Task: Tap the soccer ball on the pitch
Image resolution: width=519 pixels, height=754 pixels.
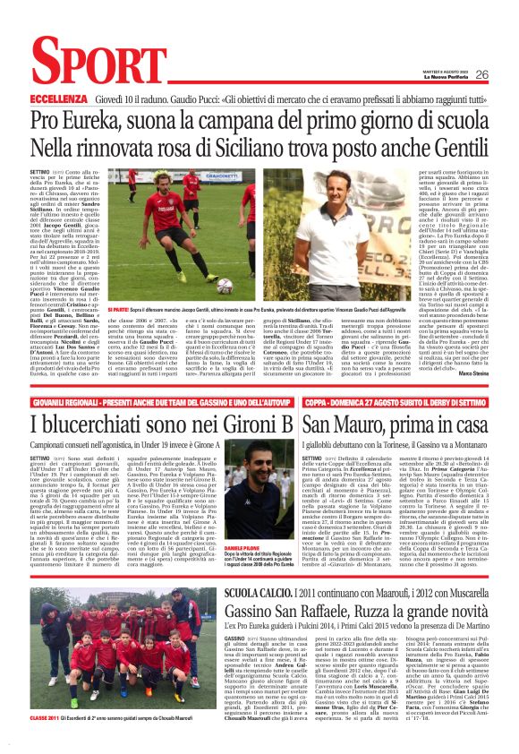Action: click(224, 285)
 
